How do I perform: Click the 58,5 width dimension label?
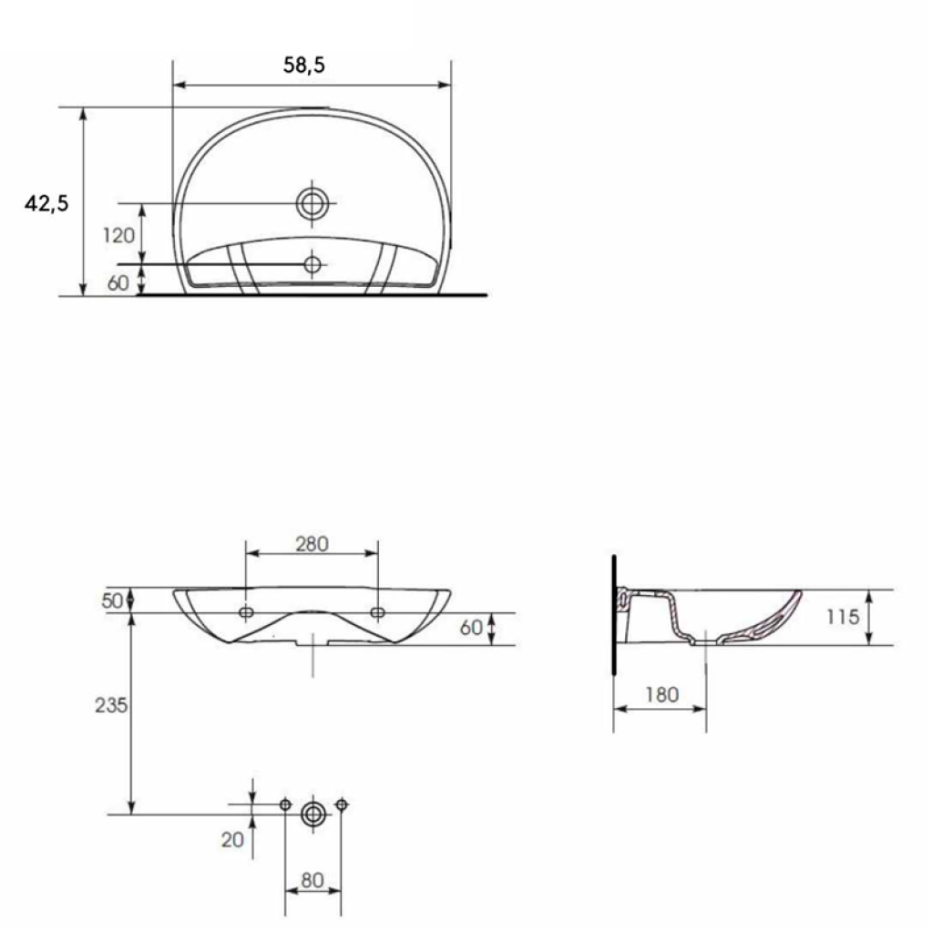click(304, 65)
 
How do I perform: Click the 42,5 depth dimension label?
click(46, 203)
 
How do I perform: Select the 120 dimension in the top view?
click(119, 236)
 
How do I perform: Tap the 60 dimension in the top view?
click(118, 283)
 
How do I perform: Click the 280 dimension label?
click(312, 544)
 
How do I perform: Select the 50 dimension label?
click(112, 601)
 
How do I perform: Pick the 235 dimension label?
click(111, 705)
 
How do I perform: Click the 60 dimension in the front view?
click(471, 627)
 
